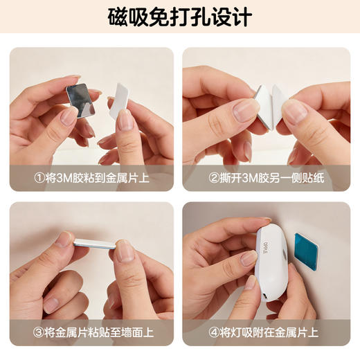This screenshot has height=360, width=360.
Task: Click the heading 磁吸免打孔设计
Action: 179,17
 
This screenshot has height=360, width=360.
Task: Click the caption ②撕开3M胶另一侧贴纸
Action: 266,179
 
